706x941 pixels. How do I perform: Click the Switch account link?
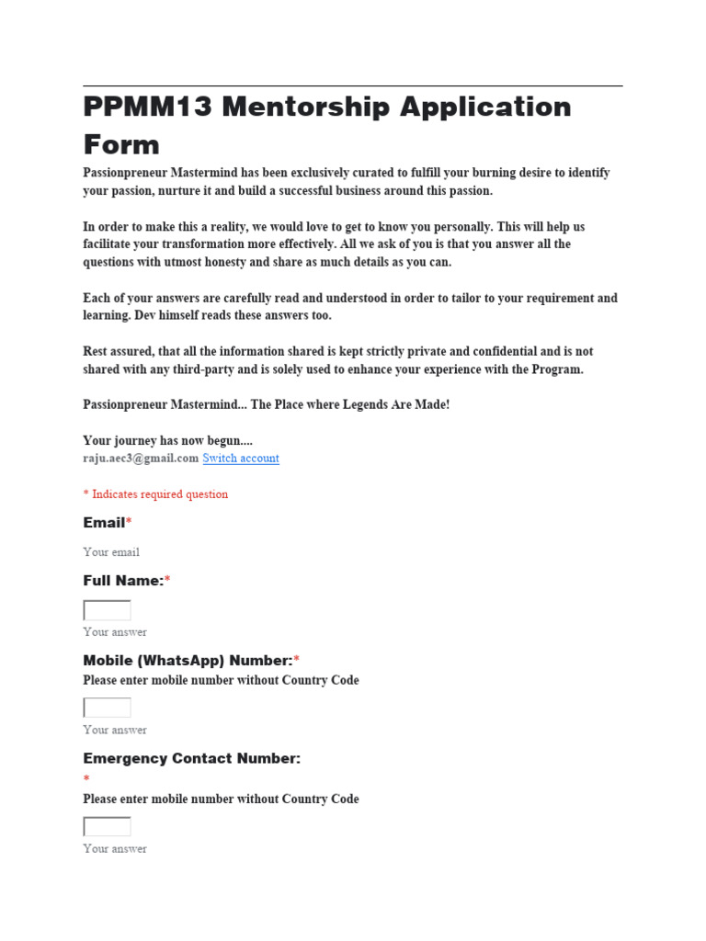click(241, 459)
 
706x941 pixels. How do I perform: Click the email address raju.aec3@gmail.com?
click(141, 459)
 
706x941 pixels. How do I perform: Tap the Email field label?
click(104, 523)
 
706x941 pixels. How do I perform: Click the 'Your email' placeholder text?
click(111, 552)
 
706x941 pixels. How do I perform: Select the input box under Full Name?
click(107, 610)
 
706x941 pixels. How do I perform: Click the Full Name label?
click(123, 581)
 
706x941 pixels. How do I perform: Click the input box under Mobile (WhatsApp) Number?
click(107, 708)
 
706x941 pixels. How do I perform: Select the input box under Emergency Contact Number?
click(107, 826)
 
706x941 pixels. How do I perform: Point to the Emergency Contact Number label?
click(192, 759)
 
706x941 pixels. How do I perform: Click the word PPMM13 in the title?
click(147, 108)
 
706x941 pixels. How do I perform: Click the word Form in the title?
click(121, 144)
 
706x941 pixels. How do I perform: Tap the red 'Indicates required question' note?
click(155, 494)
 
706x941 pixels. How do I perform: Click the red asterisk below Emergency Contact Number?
click(86, 779)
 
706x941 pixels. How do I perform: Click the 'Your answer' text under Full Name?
click(115, 632)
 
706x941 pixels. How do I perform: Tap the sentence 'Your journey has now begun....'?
click(168, 441)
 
